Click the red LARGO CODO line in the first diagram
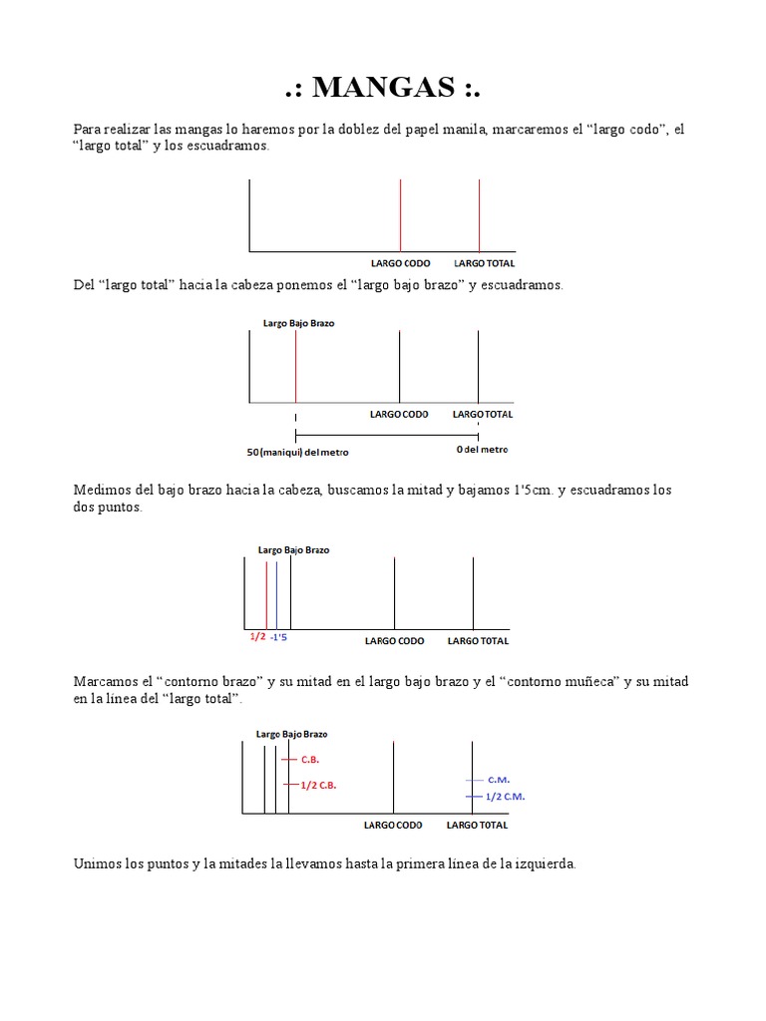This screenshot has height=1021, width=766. pyautogui.click(x=400, y=214)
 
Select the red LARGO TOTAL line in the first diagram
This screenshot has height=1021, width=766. pyautogui.click(x=480, y=214)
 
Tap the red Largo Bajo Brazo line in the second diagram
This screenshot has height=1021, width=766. pyautogui.click(x=295, y=366)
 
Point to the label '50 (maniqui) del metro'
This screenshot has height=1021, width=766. pyautogui.click(x=298, y=452)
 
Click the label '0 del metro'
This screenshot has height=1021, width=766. pyautogui.click(x=482, y=450)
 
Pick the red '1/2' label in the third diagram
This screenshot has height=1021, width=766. pyautogui.click(x=257, y=636)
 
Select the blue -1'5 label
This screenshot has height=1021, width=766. pyautogui.click(x=279, y=636)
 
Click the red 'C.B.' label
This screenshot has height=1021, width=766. pyautogui.click(x=310, y=759)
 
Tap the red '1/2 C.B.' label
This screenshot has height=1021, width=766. pyautogui.click(x=318, y=785)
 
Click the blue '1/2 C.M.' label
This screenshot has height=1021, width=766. pyautogui.click(x=505, y=797)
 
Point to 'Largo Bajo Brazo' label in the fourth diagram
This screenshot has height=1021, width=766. pyautogui.click(x=291, y=734)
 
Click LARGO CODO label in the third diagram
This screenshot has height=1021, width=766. pyautogui.click(x=395, y=641)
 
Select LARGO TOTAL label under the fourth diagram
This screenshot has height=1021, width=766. pyautogui.click(x=477, y=825)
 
